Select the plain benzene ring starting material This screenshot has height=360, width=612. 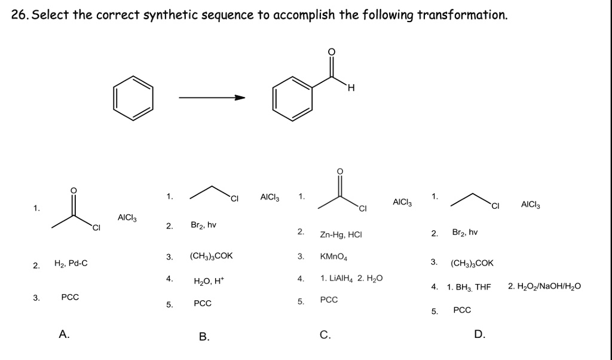tap(133, 98)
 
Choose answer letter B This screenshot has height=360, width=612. tap(204, 337)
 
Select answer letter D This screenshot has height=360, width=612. tap(479, 334)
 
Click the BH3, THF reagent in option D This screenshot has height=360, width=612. tap(469, 287)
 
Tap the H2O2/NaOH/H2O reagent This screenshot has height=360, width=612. tap(544, 286)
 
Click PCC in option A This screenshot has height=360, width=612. tap(70, 297)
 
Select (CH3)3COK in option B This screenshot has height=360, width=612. tap(211, 256)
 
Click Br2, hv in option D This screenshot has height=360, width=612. tap(464, 231)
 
